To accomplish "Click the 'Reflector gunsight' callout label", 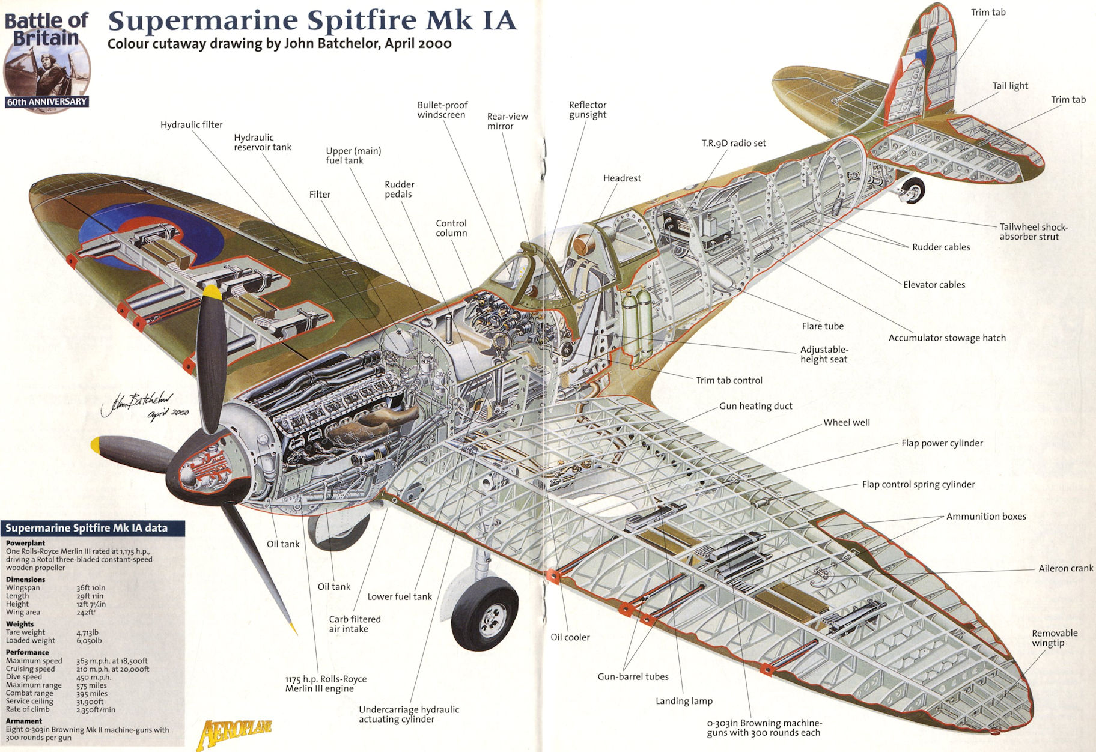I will pyautogui.click(x=587, y=110).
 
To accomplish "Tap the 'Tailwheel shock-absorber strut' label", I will pyautogui.click(x=1033, y=232).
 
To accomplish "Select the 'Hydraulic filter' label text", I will pyautogui.click(x=191, y=125).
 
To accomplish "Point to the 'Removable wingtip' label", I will pyautogui.click(x=1054, y=638).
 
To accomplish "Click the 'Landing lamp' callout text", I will pyautogui.click(x=683, y=701).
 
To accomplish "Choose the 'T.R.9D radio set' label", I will pyautogui.click(x=733, y=143).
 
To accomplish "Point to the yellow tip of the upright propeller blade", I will pyautogui.click(x=212, y=293).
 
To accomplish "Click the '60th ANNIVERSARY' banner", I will pyautogui.click(x=47, y=102).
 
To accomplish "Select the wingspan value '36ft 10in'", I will pyautogui.click(x=91, y=588).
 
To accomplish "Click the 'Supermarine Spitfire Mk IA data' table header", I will pyautogui.click(x=87, y=529).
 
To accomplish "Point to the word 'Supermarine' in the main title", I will pyautogui.click(x=202, y=21).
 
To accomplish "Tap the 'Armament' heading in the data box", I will pyautogui.click(x=24, y=721).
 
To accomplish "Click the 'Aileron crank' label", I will pyautogui.click(x=1065, y=568).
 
